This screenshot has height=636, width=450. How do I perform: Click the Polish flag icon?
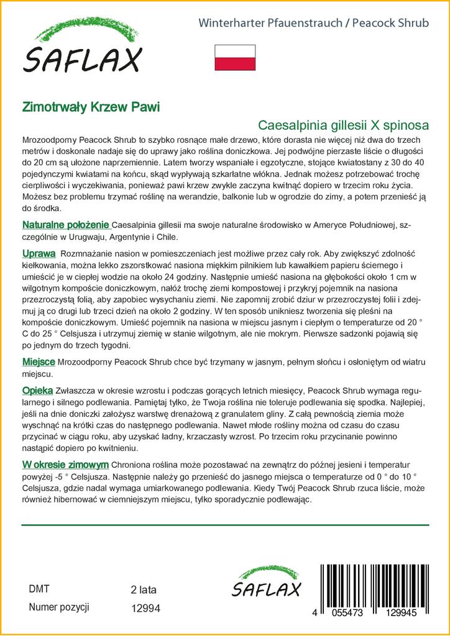coord(235,57)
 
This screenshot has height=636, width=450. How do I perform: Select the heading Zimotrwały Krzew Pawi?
coord(91,106)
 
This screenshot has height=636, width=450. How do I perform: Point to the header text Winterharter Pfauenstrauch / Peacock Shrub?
coord(313,24)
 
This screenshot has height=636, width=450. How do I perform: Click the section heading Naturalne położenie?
coord(66,225)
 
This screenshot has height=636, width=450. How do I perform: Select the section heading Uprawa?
coord(39,254)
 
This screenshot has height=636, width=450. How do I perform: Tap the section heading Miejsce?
coord(39,361)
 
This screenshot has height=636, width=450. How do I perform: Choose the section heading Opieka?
coord(37,390)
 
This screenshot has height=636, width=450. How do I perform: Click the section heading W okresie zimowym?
coord(66,465)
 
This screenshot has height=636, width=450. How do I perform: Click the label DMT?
coord(39,589)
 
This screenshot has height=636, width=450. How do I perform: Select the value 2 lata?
coord(144,589)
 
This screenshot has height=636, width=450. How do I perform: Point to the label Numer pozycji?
coord(60,607)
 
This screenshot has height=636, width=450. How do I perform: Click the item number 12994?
coord(147,608)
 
